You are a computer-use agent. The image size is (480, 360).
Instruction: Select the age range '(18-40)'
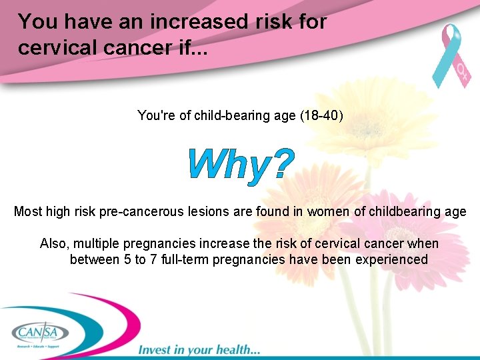[322, 116]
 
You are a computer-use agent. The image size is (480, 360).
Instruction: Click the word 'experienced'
[390, 259]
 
